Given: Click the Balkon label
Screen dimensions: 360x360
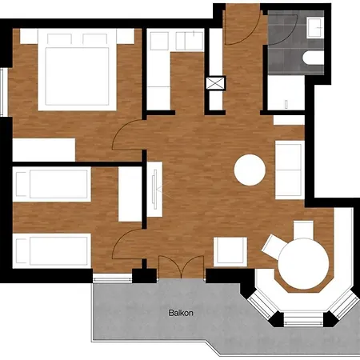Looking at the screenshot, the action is [181, 313].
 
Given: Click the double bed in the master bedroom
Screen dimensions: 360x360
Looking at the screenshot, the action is [77, 70].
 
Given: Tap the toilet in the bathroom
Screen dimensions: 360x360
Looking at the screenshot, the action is [314, 58].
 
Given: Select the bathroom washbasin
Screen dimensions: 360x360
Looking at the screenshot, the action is [315, 27].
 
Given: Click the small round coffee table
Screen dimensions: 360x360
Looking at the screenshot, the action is [250, 170].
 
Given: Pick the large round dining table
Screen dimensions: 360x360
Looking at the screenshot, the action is [303, 264].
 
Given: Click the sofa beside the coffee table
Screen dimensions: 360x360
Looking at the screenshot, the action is [290, 170].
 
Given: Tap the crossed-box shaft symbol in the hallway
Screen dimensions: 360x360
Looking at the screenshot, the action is [215, 83].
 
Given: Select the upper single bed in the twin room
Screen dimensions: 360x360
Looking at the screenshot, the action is [52, 184].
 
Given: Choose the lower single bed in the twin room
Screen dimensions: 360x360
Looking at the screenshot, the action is [52, 250].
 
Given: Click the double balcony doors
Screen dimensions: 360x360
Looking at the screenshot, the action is [182, 267].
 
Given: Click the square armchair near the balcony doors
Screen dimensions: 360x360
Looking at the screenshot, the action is [230, 252].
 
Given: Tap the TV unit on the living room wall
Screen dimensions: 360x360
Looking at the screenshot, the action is [154, 189].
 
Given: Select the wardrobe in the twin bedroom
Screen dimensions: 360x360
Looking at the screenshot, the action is [130, 194].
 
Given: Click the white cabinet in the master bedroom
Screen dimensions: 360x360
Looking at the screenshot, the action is [44, 150].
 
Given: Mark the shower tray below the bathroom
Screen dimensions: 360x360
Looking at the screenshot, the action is [286, 93].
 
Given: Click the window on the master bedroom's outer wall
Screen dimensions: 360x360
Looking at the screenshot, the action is [3, 92].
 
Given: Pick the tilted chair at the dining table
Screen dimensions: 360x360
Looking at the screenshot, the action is [271, 246].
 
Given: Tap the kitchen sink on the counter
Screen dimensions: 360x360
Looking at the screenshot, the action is [190, 41].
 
